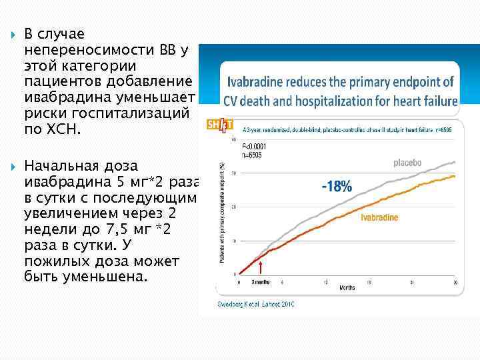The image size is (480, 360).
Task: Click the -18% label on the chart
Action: click(x=337, y=186)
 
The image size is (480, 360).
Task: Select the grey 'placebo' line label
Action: click(x=407, y=162)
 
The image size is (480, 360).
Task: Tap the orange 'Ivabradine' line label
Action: click(x=379, y=218)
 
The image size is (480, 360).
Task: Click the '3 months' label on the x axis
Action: click(x=261, y=283)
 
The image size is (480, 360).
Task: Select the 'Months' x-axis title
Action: click(x=347, y=289)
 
